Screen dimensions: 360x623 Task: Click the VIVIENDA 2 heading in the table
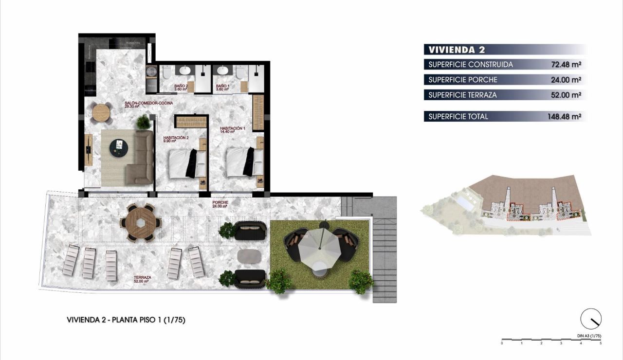pos(456,49)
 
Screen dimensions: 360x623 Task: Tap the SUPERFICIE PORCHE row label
pos(463,80)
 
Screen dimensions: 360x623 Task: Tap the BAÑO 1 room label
pos(223,88)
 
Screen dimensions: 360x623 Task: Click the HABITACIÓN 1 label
pos(232,129)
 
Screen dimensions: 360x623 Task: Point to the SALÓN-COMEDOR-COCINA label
pos(148,105)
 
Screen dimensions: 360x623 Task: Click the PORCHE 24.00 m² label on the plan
pos(220,204)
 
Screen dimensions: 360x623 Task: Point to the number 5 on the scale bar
pos(601,343)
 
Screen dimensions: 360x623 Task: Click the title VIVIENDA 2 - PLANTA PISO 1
pos(126,320)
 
